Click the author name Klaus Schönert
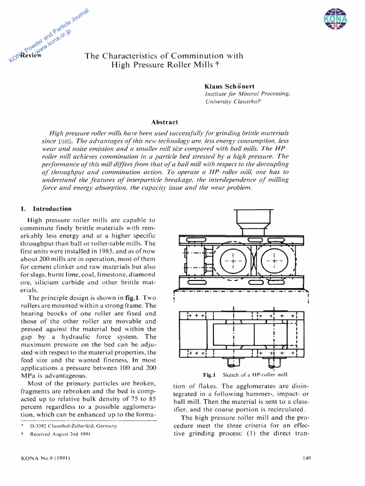point(229,86)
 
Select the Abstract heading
point(164,122)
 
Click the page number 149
point(306,458)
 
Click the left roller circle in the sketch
point(233,261)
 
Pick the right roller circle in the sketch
point(277,261)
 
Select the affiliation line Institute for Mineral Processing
point(247,94)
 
